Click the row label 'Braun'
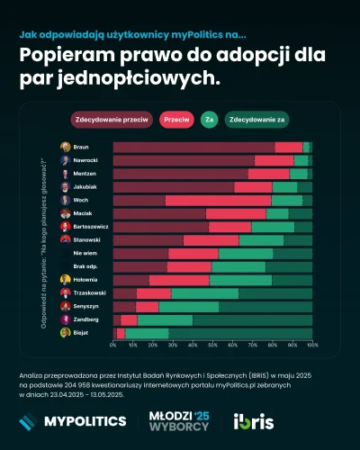(81, 147)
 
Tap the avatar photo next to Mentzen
(66, 173)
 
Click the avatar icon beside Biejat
(66, 332)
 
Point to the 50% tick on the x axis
(212, 345)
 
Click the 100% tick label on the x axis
(311, 345)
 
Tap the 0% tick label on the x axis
(113, 345)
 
